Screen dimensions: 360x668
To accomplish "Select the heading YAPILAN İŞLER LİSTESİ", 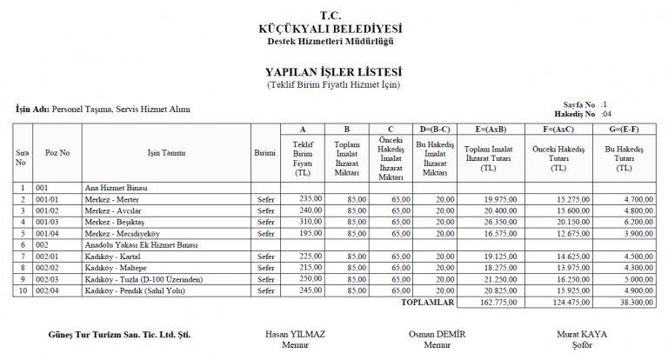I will pyautogui.click(x=333, y=72).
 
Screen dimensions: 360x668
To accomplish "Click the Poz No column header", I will pyautogui.click(x=57, y=153).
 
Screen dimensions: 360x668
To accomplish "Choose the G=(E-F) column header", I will pyautogui.click(x=623, y=129).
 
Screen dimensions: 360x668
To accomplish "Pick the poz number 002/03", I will pyautogui.click(x=48, y=278).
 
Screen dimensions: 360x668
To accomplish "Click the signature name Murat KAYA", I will pyautogui.click(x=582, y=334).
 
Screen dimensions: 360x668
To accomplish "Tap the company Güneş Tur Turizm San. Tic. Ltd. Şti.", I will pyautogui.click(x=119, y=335).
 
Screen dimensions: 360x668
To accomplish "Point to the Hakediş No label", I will pyautogui.click(x=573, y=114).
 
